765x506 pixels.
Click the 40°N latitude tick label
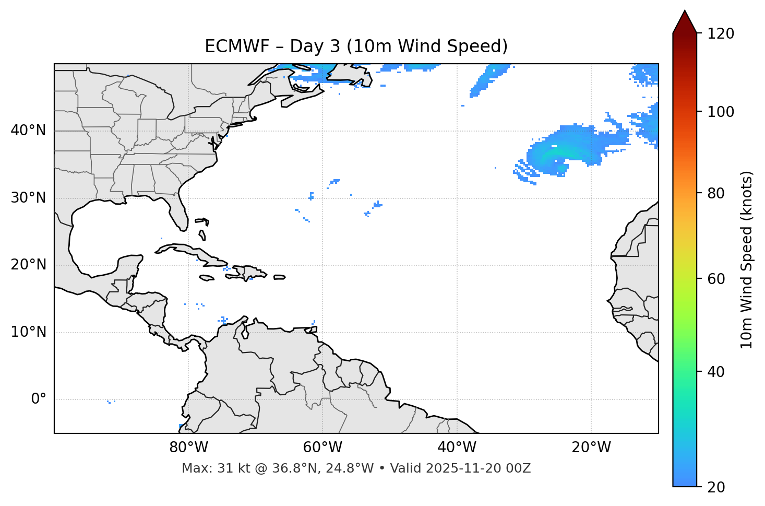pyautogui.click(x=28, y=131)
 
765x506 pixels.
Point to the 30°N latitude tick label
pyautogui.click(x=28, y=198)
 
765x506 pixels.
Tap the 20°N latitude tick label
pyautogui.click(x=28, y=265)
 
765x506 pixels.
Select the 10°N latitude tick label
pyautogui.click(x=28, y=332)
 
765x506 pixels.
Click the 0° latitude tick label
pyautogui.click(x=39, y=399)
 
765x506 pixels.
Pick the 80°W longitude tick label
pyautogui.click(x=188, y=448)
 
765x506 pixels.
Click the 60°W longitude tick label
pyautogui.click(x=322, y=448)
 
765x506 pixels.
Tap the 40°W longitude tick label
pyautogui.click(x=457, y=448)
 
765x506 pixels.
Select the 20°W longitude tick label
pyautogui.click(x=591, y=448)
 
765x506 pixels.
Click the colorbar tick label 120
pyautogui.click(x=721, y=34)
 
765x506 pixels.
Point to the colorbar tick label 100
pyautogui.click(x=721, y=112)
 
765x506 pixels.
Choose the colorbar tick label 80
pyautogui.click(x=716, y=193)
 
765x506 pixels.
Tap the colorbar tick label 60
pyautogui.click(x=716, y=279)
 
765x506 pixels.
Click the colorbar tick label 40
pyautogui.click(x=716, y=372)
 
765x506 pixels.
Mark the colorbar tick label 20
pyautogui.click(x=716, y=487)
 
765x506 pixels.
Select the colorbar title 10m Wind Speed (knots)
pyautogui.click(x=747, y=260)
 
